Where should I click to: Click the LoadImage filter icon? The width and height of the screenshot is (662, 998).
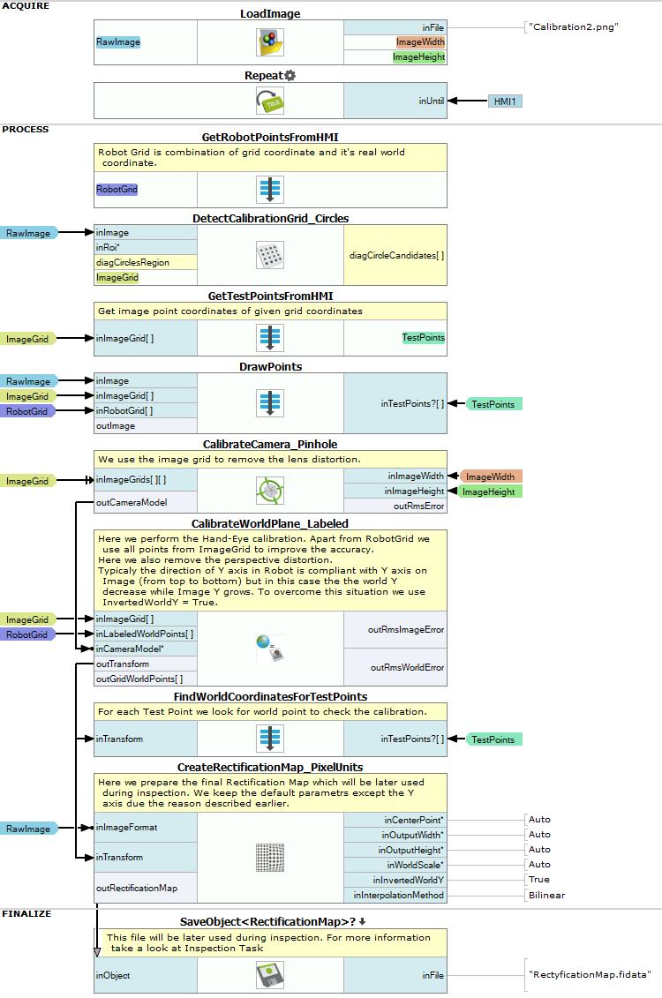270,42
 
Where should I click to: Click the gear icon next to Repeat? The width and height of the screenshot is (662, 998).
290,75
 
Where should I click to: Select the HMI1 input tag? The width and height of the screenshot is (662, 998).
505,101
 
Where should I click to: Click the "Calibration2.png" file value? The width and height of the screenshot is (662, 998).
573,26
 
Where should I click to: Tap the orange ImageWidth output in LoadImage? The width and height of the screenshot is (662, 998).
420,42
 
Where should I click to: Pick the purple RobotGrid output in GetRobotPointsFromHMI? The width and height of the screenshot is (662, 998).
117,189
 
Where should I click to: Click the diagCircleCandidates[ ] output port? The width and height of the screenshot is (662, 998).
396,255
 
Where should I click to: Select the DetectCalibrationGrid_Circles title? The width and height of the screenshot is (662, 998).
270,218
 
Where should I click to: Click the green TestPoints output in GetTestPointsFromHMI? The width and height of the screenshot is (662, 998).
424,337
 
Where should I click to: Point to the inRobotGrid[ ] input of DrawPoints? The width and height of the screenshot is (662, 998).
124,410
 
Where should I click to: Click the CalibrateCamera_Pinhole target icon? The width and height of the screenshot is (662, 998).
270,491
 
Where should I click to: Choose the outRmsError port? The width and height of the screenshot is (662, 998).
419,506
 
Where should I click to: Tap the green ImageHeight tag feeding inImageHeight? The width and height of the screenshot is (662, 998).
489,491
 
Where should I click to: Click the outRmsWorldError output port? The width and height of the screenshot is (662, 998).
408,667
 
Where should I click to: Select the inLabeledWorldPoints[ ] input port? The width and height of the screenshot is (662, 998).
145,634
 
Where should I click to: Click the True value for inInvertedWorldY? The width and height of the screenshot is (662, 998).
539,879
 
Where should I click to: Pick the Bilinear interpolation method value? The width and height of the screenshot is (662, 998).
546,894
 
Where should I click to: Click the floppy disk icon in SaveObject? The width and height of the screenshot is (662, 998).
270,975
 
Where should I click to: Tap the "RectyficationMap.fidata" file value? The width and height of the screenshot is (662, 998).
590,974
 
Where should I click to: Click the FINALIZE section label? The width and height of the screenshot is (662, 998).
26,913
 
